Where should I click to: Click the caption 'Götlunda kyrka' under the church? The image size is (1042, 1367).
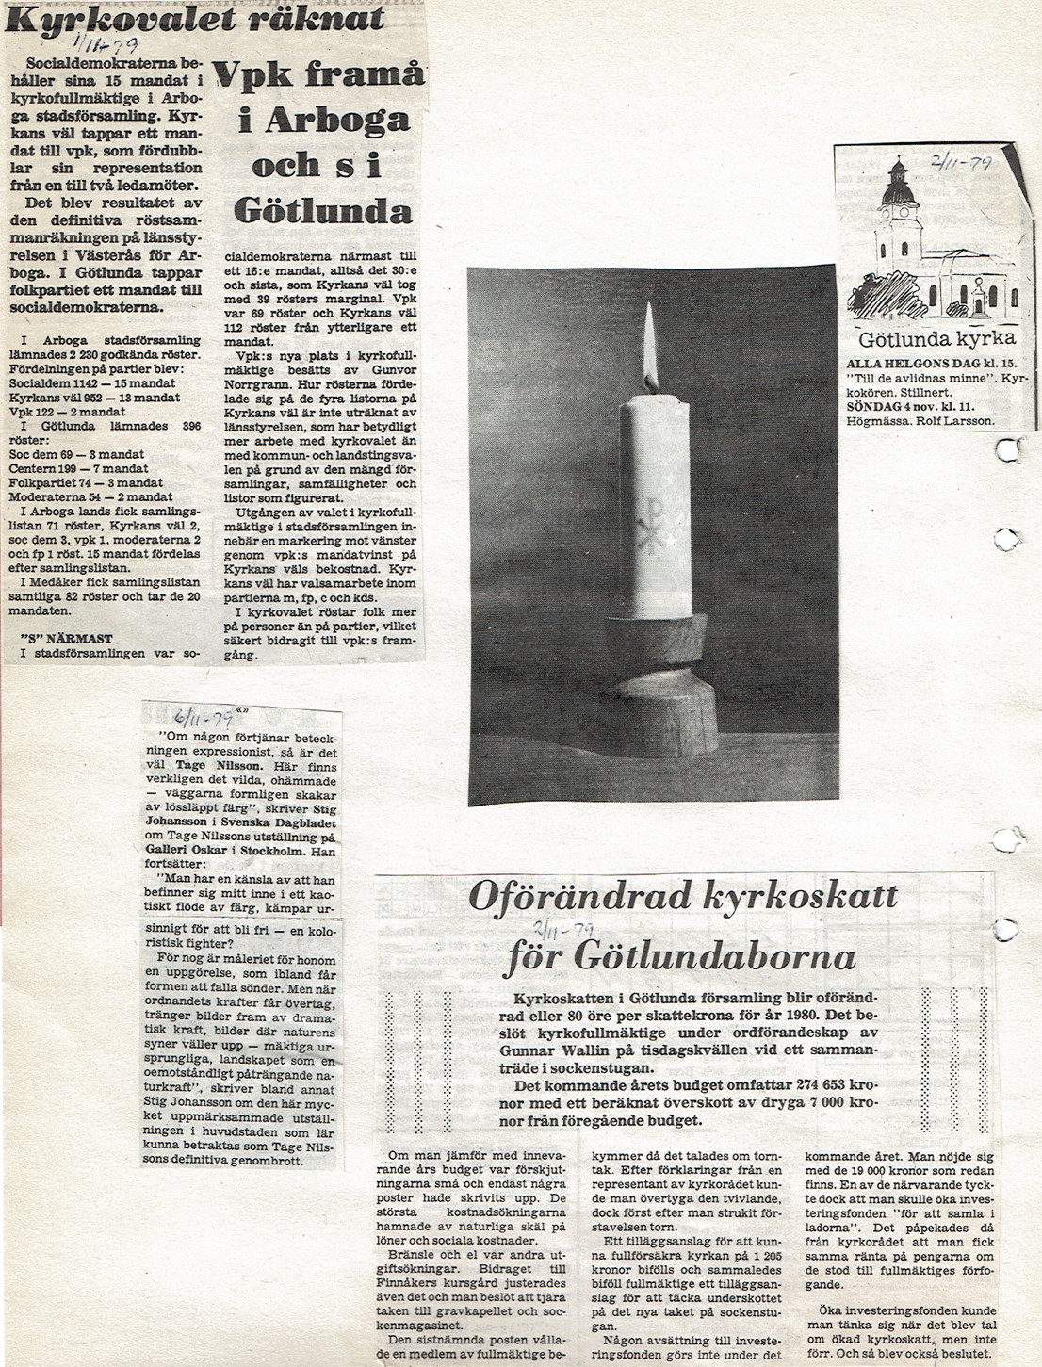pyautogui.click(x=936, y=339)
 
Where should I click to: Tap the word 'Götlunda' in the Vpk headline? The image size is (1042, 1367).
pyautogui.click(x=323, y=208)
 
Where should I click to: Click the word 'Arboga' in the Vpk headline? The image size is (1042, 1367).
pyautogui.click(x=323, y=120)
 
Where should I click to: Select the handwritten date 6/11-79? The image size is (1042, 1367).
pyautogui.click(x=197, y=713)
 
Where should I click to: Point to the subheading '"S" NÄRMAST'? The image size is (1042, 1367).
pyautogui.click(x=67, y=638)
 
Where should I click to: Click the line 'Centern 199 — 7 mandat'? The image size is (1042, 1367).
pyautogui.click(x=78, y=468)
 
